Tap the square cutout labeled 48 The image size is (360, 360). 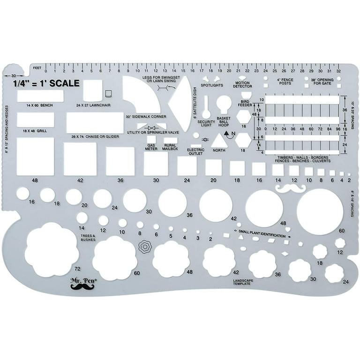[35, 157]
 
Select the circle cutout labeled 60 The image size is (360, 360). [320, 212]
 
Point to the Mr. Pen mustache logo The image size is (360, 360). [82, 283]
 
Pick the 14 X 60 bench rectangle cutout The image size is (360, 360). [40, 96]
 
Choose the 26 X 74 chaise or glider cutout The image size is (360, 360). [94, 123]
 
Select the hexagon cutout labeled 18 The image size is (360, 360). [243, 140]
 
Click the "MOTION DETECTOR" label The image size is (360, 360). [243, 85]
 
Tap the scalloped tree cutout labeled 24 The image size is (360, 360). [335, 273]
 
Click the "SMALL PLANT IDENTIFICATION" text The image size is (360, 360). [261, 231]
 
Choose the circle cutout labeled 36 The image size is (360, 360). [172, 202]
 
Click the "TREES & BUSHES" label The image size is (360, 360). [88, 237]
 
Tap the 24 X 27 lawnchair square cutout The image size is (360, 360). [92, 90]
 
